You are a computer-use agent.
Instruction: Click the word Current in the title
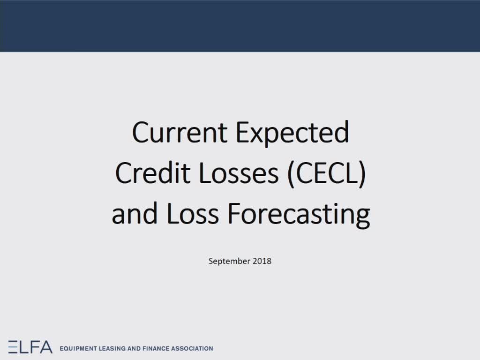coord(180,132)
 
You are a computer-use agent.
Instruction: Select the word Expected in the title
coord(292,135)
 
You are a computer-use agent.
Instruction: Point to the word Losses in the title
coord(239,173)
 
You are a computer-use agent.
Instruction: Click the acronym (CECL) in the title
coord(327,174)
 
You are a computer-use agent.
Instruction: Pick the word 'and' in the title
coord(135,213)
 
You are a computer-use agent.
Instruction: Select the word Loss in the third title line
coord(192,214)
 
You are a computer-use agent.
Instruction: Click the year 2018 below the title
coord(262,261)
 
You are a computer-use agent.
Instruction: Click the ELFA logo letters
coord(30,346)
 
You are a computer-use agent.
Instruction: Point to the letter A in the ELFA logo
coord(46,346)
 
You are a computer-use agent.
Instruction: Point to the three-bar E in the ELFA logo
coord(13,346)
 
